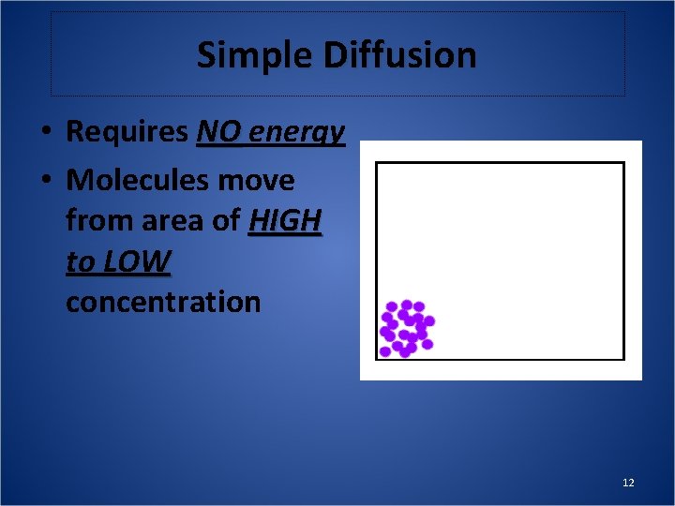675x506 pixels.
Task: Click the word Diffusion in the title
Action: click(400, 55)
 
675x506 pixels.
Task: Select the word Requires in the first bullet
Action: click(127, 132)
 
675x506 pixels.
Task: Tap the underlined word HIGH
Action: click(286, 221)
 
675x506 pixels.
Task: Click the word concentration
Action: click(163, 302)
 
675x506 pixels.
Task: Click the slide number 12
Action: click(628, 483)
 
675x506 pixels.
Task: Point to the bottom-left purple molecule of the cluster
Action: click(384, 351)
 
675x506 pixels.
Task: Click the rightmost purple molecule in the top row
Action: click(419, 306)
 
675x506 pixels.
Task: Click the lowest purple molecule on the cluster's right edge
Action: click(427, 344)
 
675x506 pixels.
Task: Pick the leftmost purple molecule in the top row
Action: click(392, 307)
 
